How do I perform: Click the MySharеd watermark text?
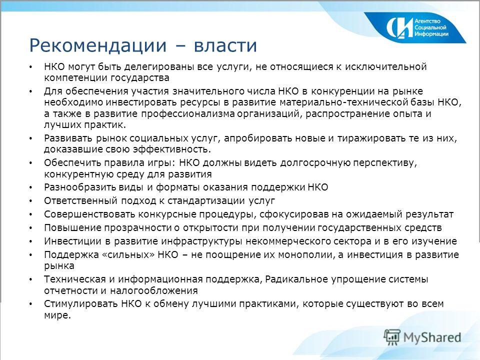[432, 336]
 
